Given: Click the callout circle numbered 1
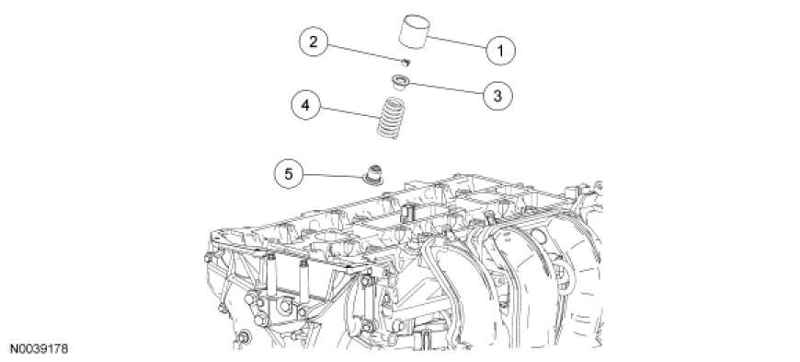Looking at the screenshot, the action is pos(500,50).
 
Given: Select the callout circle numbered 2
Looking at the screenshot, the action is pos(314,41).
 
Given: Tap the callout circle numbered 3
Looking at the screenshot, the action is pos(497,95).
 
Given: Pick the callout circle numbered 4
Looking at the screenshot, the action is pos(305,105).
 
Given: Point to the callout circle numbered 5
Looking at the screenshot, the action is pos(289,174).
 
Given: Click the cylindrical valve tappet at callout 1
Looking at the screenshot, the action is pos(414,31).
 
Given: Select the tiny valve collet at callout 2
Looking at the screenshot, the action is pos(406,63).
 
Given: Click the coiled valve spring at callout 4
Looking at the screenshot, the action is pos(391,118).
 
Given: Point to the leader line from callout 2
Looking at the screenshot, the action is pos(365,53).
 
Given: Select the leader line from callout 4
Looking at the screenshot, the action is pos(352,114).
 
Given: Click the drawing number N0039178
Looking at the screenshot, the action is pos(39,350).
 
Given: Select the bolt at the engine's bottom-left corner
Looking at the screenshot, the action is pos(245,337).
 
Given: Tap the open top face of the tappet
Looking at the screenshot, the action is pos(414,21).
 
